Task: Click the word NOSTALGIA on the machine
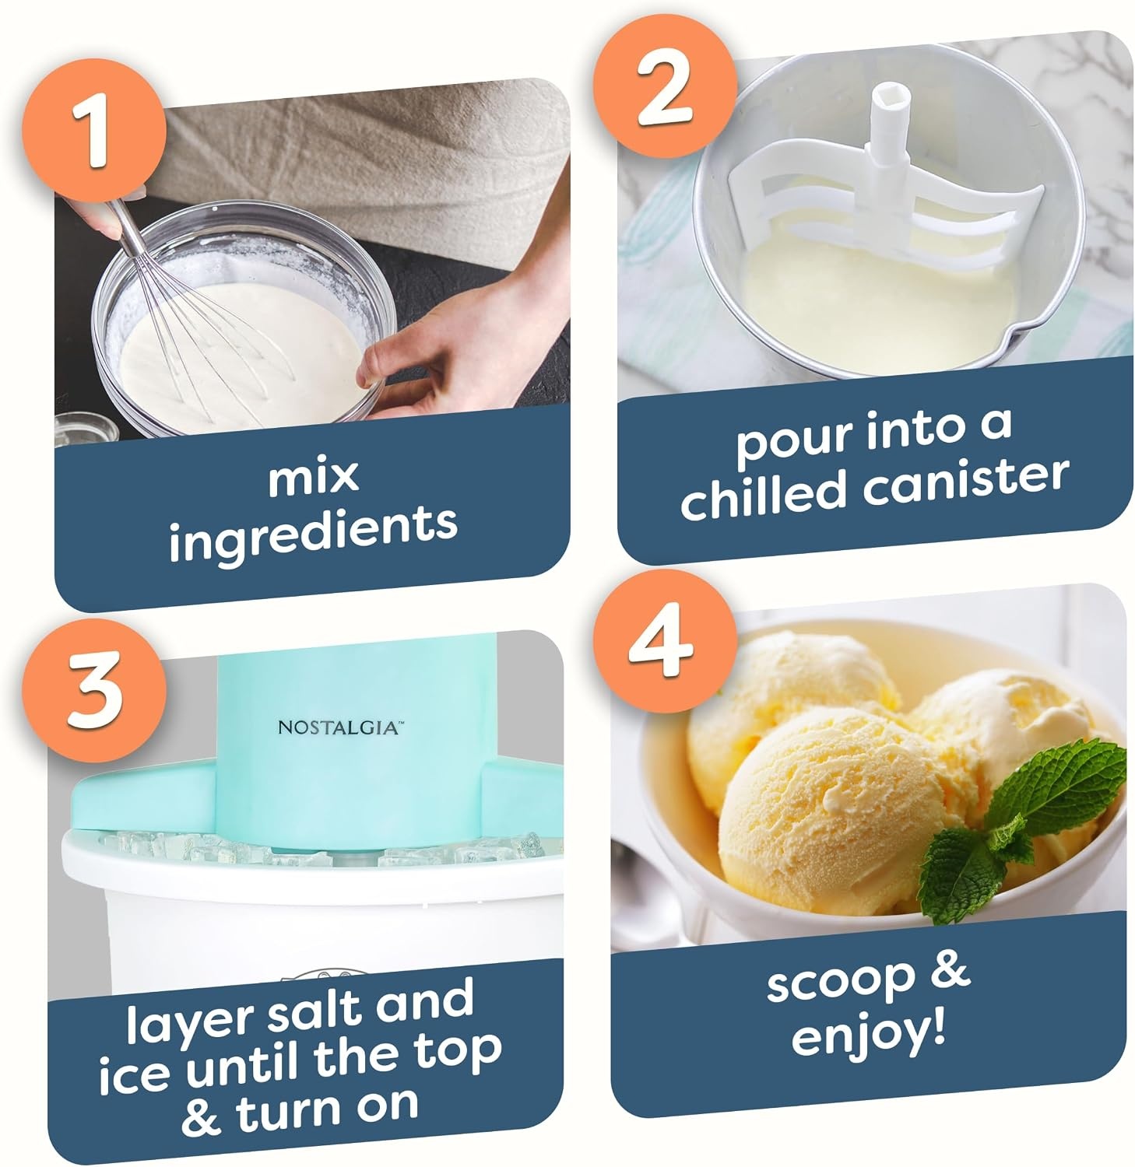click(x=339, y=727)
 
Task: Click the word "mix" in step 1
click(x=313, y=476)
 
